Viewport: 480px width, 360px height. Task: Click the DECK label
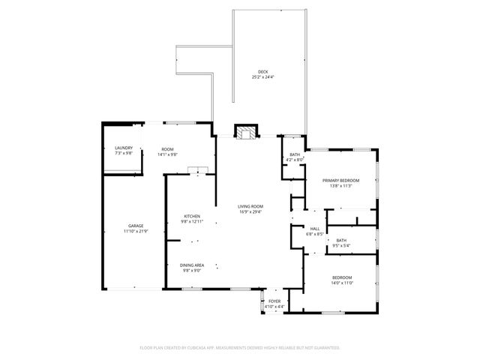point(263,72)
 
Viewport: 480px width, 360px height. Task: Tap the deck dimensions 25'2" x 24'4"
point(263,77)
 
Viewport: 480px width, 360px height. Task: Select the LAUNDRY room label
point(124,148)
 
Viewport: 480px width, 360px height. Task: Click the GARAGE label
point(136,226)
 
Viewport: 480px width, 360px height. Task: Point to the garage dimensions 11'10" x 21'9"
point(136,231)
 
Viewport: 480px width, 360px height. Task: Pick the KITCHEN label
point(192,217)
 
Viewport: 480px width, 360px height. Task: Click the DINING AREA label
point(192,265)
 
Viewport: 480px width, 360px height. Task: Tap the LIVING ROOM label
point(250,206)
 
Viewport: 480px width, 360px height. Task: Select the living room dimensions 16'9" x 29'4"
point(250,211)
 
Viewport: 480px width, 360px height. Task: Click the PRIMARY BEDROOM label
point(341,181)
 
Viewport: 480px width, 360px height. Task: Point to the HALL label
point(315,229)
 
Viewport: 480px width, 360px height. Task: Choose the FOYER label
point(274,301)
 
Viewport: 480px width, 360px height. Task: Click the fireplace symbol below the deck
point(245,133)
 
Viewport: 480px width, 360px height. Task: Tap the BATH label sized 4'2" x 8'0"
point(295,154)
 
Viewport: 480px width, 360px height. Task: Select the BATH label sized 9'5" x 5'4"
point(341,240)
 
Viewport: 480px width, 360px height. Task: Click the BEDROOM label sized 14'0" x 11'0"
point(342,278)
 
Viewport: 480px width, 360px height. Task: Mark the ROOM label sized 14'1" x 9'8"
point(168,148)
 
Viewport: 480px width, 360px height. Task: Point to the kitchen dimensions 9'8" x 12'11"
point(192,222)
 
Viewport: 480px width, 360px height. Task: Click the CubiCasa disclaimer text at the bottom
point(240,348)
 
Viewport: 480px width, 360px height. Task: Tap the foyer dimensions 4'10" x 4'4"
point(274,306)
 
